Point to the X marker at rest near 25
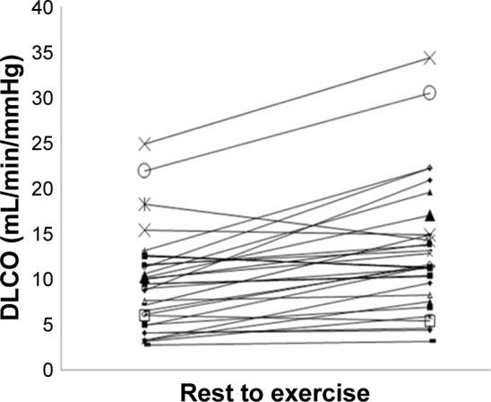tap(144, 144)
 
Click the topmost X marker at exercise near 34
tap(430, 58)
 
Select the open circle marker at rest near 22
tap(144, 170)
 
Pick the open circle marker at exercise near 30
tap(430, 92)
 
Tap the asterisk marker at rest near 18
tap(144, 205)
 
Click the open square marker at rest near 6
tap(144, 315)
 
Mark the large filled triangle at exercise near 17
tap(430, 214)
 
